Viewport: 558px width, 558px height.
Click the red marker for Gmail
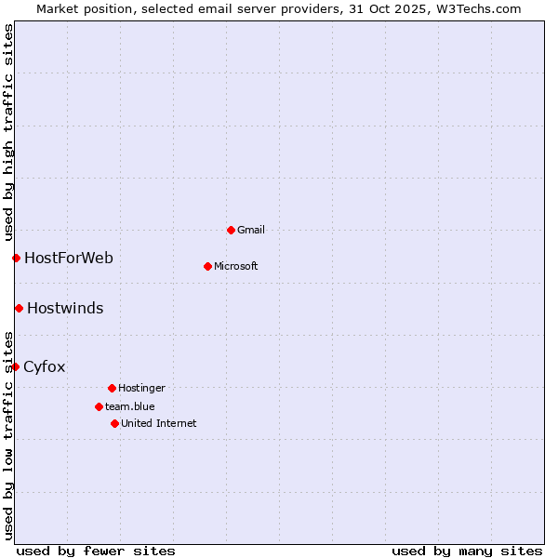[231, 230]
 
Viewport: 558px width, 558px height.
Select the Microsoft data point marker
[207, 266]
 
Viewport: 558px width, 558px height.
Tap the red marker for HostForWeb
[16, 258]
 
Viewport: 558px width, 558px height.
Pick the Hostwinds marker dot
[19, 308]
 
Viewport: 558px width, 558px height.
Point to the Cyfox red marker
[15, 366]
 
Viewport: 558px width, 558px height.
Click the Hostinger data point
[112, 388]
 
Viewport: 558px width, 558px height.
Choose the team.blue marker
[99, 406]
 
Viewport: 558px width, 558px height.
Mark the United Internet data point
[114, 423]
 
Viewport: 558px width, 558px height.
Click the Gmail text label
[251, 230]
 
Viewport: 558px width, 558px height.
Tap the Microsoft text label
[235, 266]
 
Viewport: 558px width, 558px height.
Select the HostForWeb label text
[68, 258]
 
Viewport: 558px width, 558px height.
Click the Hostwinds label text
[65, 308]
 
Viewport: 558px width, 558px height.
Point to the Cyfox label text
[44, 366]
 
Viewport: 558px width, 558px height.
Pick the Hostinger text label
[141, 388]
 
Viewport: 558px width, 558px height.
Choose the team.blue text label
[129, 406]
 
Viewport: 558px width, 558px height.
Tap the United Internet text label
[158, 423]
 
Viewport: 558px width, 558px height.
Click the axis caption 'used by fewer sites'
[96, 551]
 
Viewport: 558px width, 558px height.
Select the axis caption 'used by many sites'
[467, 551]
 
